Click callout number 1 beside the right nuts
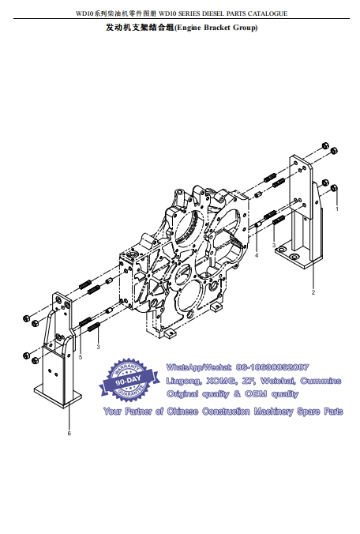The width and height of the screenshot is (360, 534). click(x=337, y=209)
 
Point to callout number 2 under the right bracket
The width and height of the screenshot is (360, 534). click(x=313, y=292)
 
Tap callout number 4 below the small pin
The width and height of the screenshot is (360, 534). click(x=257, y=255)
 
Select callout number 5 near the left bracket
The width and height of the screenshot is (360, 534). click(x=81, y=357)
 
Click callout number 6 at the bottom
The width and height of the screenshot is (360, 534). click(x=69, y=433)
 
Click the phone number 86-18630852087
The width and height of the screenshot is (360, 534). click(x=272, y=367)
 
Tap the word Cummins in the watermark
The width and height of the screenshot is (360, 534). click(x=321, y=381)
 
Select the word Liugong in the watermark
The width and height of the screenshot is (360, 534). click(x=184, y=381)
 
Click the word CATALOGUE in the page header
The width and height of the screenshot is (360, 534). click(x=268, y=13)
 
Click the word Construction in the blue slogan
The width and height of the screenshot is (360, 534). click(x=226, y=412)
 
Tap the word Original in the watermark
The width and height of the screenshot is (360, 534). click(x=182, y=394)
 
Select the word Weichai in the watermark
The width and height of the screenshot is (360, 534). click(x=278, y=381)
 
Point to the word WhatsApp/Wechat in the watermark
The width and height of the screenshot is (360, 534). click(x=199, y=367)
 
